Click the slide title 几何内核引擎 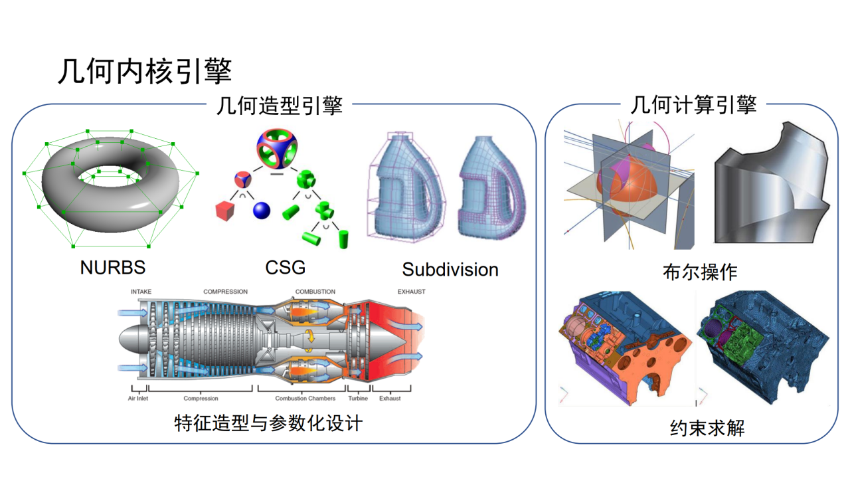(144, 71)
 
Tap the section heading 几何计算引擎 (693, 105)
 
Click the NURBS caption (112, 267)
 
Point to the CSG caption (286, 267)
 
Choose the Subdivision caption (450, 269)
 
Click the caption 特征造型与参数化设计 (268, 423)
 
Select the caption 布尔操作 (699, 272)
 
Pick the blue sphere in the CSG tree (262, 211)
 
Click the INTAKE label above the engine (141, 292)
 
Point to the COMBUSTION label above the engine (315, 292)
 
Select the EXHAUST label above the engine (411, 292)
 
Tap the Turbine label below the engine (358, 399)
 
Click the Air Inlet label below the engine (138, 399)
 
